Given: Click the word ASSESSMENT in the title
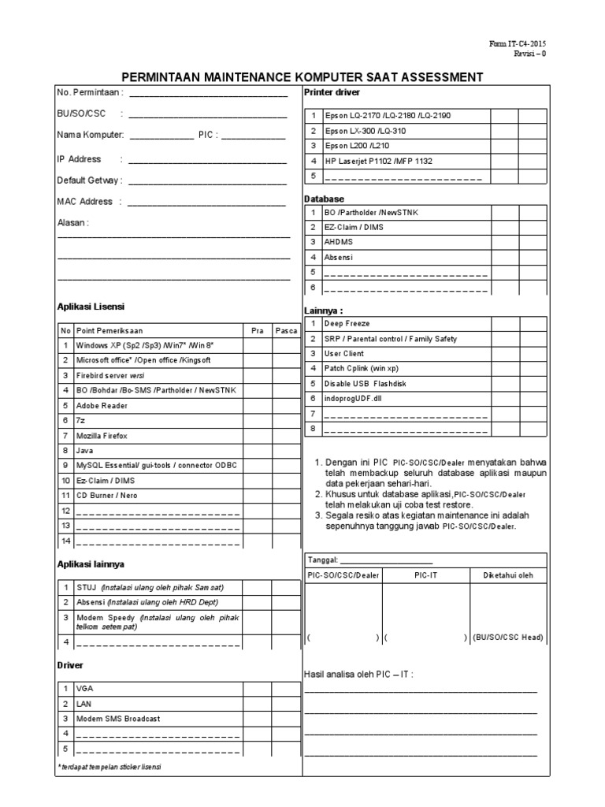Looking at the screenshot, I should (437, 77).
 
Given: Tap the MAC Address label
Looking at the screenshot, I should (85, 201).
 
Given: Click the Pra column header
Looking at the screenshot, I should (257, 330).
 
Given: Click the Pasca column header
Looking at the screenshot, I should (285, 330).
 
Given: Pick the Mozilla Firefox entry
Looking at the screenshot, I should (102, 435).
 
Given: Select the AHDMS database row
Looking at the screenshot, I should (339, 242).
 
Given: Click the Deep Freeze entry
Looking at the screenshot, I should (347, 324).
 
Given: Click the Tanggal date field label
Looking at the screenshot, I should (323, 560).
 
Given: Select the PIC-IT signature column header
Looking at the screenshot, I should (425, 575).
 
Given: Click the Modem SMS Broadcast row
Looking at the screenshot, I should (118, 719).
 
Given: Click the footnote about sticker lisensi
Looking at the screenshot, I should (109, 767).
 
